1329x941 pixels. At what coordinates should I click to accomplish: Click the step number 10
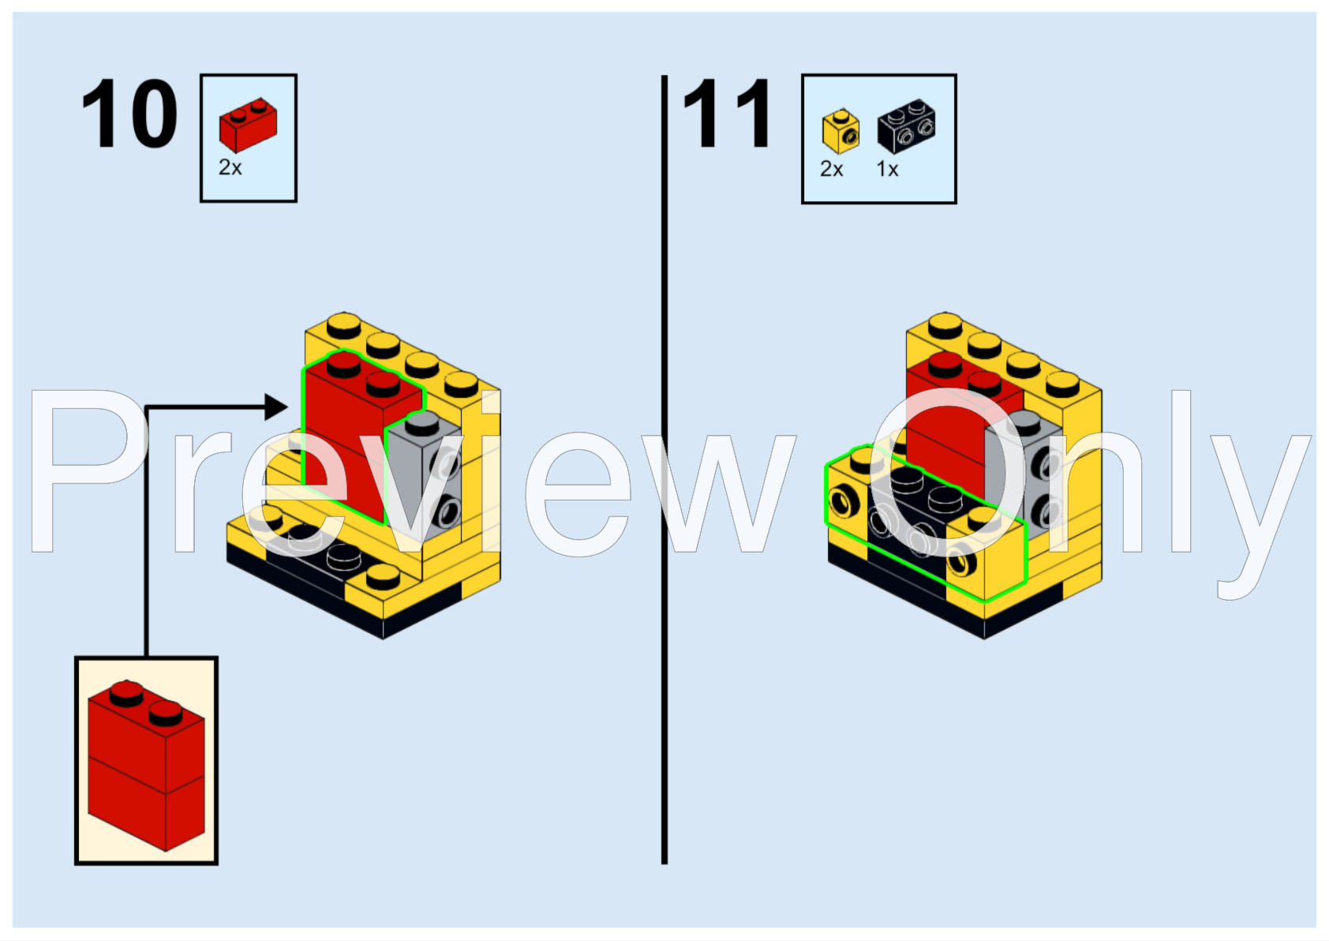coord(129,114)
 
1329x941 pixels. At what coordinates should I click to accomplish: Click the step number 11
coord(727,114)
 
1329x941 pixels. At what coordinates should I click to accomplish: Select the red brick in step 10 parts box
coord(248,125)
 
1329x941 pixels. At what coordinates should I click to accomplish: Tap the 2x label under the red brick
coord(230,167)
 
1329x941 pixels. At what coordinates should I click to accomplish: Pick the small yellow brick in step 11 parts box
coord(840,131)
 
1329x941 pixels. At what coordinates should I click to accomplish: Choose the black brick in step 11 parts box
coord(907,126)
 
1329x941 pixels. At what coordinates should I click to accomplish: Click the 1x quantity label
coord(888,169)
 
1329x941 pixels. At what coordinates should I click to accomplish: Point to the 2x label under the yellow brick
coord(832,169)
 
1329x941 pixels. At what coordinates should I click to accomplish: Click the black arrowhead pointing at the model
coord(275,407)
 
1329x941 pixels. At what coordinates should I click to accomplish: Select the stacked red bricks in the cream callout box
coord(146,766)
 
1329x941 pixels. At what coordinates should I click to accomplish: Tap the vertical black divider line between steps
coord(664,474)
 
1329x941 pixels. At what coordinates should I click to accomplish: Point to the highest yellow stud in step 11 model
coord(945,324)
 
